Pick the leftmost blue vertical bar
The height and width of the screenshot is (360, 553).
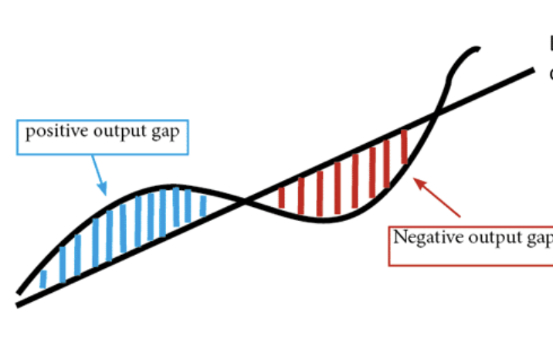[x=43, y=279]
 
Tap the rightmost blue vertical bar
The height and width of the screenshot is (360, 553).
[x=203, y=205]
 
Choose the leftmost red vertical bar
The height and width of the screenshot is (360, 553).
[x=281, y=197]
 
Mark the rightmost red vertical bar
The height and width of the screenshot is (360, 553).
[x=404, y=147]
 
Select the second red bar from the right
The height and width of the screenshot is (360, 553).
[x=388, y=160]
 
